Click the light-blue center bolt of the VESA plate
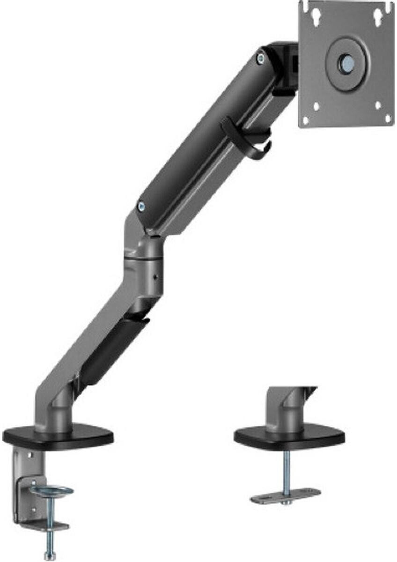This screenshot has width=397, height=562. (347, 63)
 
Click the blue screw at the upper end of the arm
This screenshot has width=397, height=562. (260, 58)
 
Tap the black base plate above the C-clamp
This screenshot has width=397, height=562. (58, 436)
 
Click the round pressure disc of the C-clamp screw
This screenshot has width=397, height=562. (52, 491)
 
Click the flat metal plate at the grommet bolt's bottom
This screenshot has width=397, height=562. (286, 495)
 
